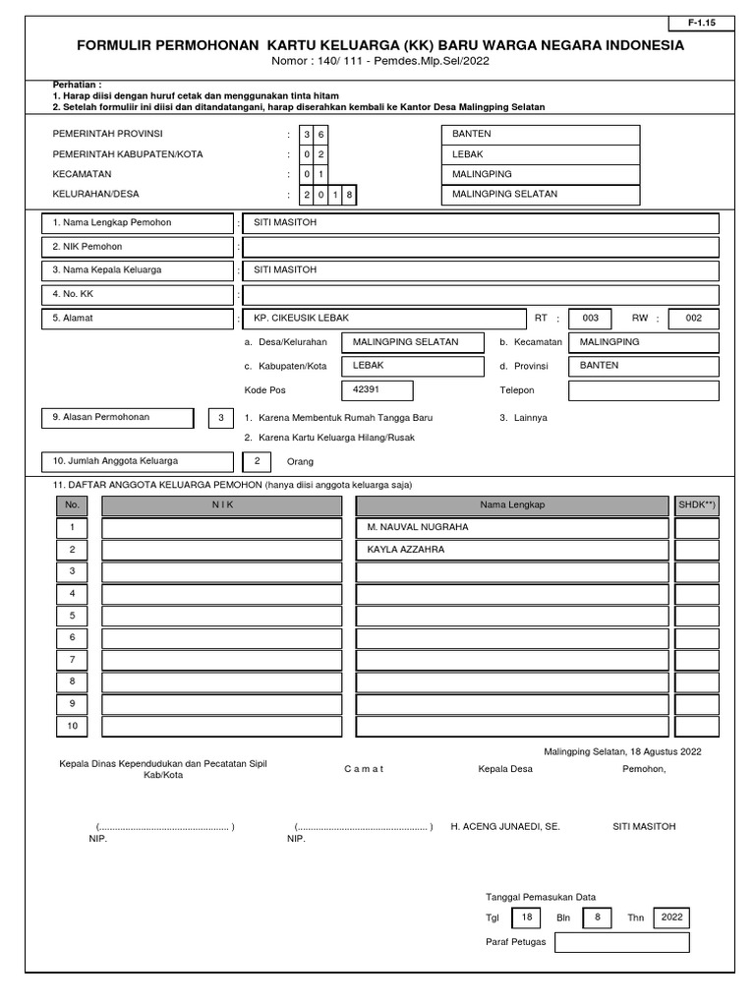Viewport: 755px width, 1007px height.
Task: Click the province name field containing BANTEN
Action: tap(541, 134)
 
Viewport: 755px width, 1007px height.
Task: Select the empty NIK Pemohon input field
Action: tap(481, 247)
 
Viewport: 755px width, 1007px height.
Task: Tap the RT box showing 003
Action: tap(590, 319)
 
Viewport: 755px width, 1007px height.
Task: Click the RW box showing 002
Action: tap(693, 319)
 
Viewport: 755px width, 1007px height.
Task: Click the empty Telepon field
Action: tap(643, 390)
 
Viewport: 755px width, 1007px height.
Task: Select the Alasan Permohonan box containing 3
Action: tap(221, 418)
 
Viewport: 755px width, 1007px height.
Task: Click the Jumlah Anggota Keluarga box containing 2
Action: tap(257, 460)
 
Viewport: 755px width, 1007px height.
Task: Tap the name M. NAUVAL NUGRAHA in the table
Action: tap(418, 527)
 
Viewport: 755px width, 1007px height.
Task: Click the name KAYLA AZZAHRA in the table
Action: tap(405, 550)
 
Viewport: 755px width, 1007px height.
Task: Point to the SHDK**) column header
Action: tap(697, 504)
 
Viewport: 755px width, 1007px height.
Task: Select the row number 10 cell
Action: tap(72, 727)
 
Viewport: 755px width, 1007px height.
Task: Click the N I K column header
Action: tap(222, 504)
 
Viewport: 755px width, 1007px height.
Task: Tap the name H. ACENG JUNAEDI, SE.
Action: tap(504, 827)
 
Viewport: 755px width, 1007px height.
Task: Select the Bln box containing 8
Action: tap(596, 918)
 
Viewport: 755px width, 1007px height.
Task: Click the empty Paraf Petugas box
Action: tap(621, 943)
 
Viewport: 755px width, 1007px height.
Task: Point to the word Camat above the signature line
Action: tap(364, 769)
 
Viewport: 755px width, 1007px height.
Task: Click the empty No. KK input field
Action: tap(481, 294)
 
